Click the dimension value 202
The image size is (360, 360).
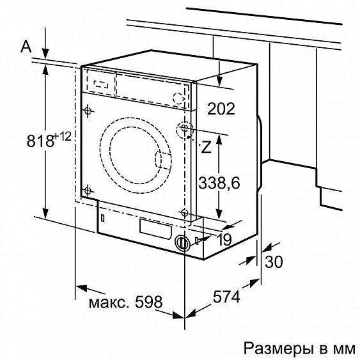(222, 109)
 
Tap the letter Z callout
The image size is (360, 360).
(205, 148)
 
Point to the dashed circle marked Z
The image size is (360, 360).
(185, 130)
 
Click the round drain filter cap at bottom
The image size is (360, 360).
(182, 243)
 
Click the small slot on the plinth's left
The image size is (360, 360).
(102, 218)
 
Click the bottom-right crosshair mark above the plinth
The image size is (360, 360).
(184, 212)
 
